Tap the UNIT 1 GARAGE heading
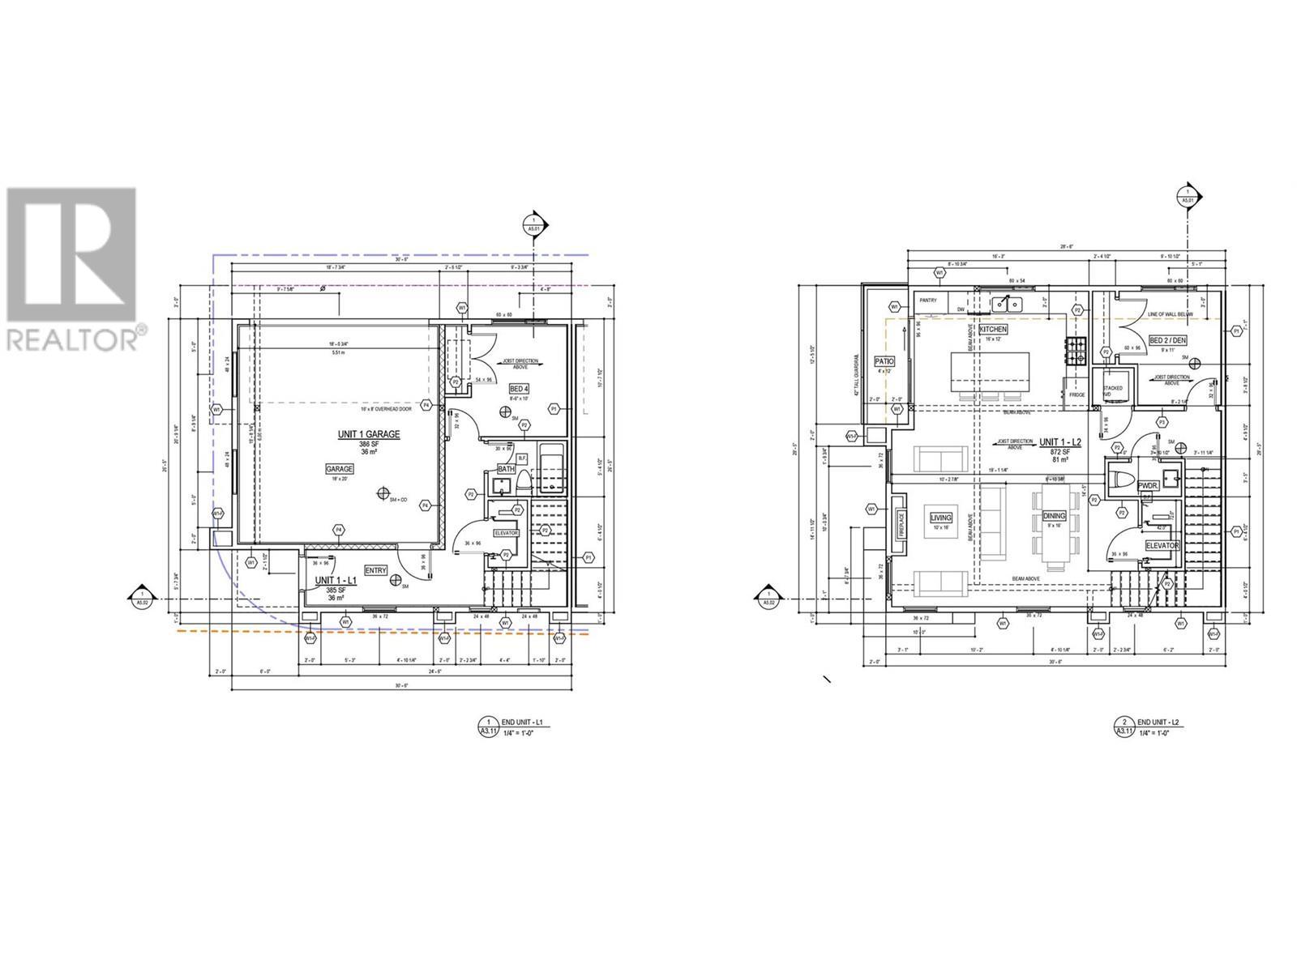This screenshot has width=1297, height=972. pos(369,435)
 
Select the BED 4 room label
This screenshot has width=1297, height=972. pos(520,389)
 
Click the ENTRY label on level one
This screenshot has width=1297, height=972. pos(376,570)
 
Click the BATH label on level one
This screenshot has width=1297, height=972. pos(506,469)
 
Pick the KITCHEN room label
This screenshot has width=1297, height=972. pos(993,330)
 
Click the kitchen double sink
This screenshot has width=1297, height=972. pos(1008,304)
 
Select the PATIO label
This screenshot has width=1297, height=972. pos(884,361)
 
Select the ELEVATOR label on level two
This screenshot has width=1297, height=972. pos(1162,546)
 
